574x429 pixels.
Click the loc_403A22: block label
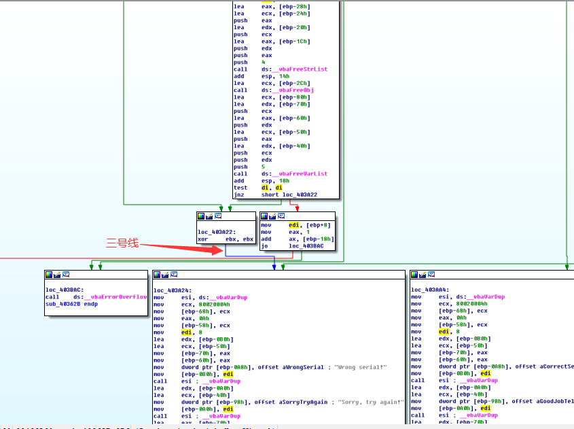[x=213, y=232]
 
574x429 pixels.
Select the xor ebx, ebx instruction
[x=226, y=239]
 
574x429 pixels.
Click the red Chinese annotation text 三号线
[x=122, y=243]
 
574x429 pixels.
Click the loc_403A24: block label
[x=170, y=290]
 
